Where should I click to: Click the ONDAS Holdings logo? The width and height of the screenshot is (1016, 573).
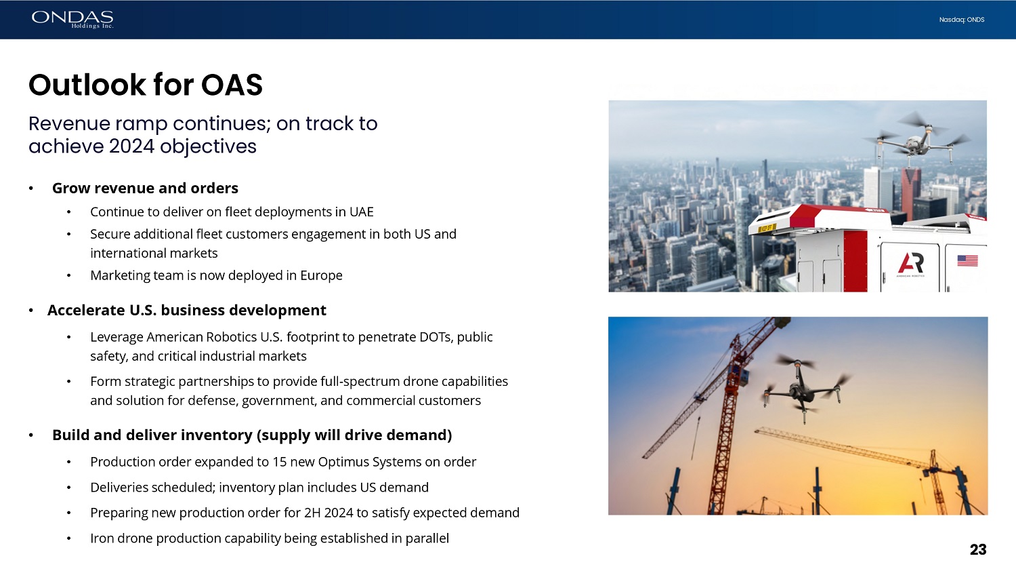72,20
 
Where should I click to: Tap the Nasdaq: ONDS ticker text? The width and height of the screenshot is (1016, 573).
962,20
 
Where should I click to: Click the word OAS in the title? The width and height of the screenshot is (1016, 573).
232,85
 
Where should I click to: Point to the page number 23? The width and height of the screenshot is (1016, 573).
978,550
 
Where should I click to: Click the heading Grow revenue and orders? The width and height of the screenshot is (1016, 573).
145,188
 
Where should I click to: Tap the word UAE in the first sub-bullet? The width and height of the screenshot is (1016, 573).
362,212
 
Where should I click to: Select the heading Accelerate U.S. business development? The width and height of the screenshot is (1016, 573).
187,310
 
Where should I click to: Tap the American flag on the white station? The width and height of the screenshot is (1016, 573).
967,260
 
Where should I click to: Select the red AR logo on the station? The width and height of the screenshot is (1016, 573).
910,264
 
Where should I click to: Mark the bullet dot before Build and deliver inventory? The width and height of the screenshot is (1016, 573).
31,435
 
